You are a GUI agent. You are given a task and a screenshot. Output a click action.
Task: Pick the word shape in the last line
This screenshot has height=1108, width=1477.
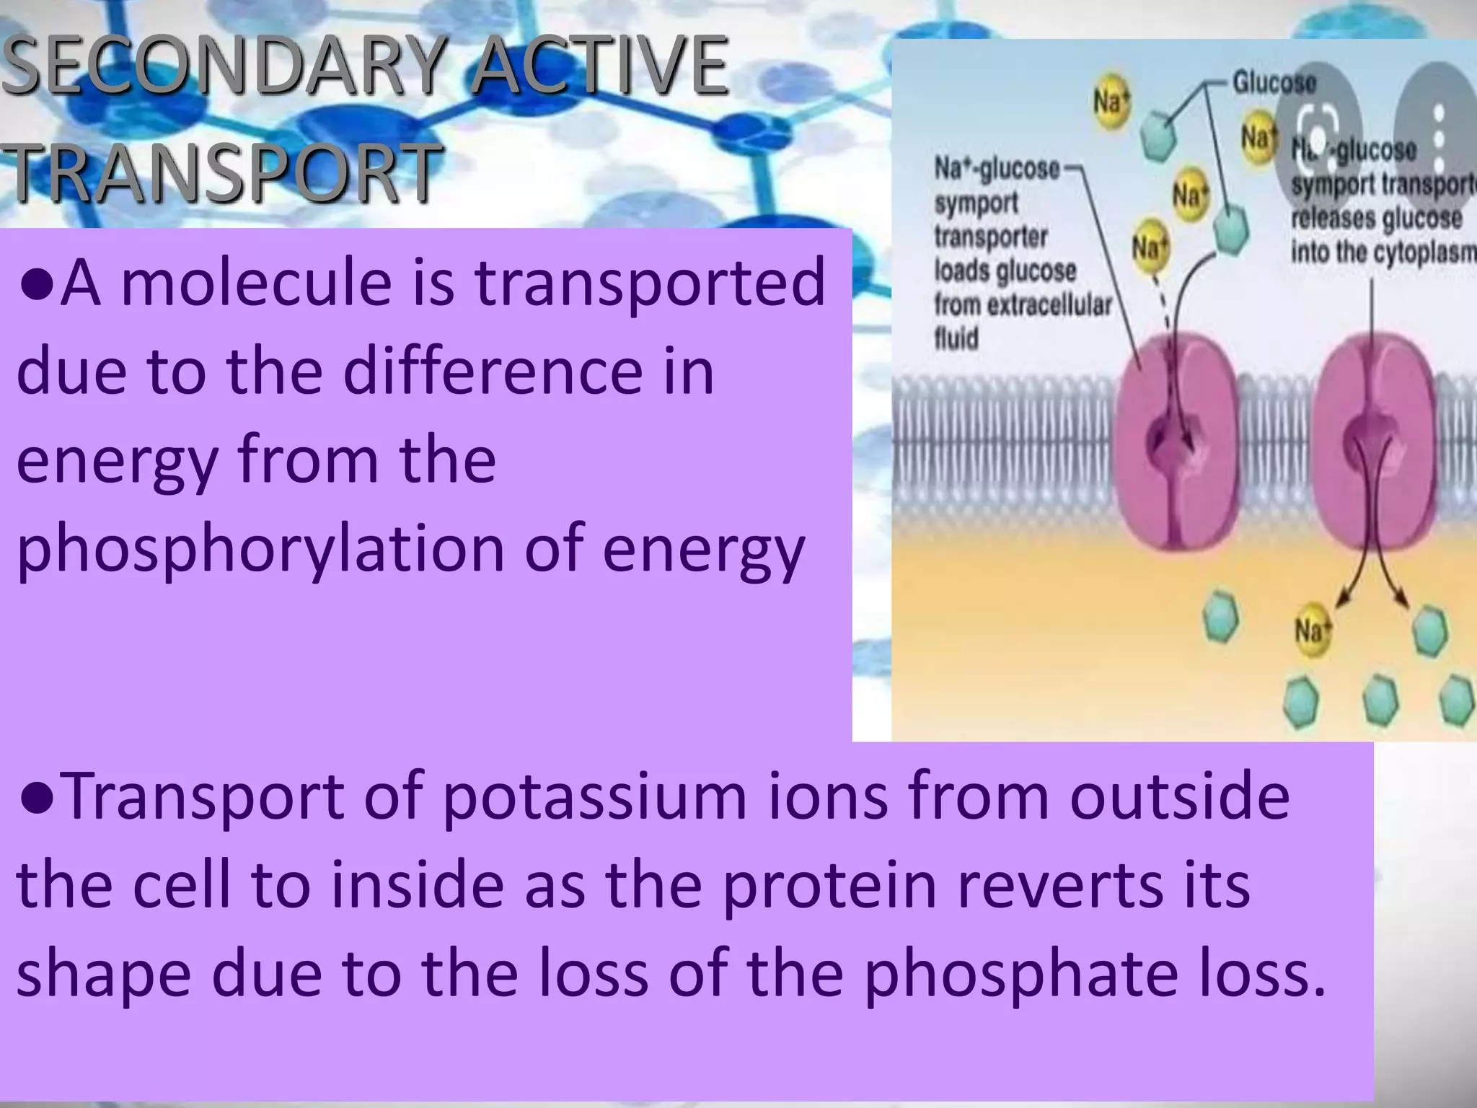[x=104, y=978]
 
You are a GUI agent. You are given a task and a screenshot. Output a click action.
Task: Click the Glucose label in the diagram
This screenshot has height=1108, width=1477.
[x=1274, y=82]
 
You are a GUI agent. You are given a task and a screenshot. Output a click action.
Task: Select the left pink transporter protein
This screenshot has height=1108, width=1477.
[x=1178, y=447]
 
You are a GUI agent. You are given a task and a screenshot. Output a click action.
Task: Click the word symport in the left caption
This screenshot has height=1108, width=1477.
[x=976, y=203]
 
